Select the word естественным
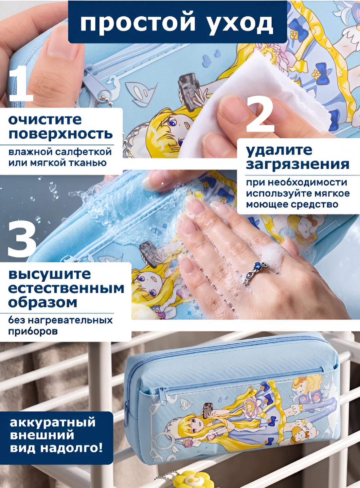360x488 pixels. point(66,289)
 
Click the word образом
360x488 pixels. point(43,303)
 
